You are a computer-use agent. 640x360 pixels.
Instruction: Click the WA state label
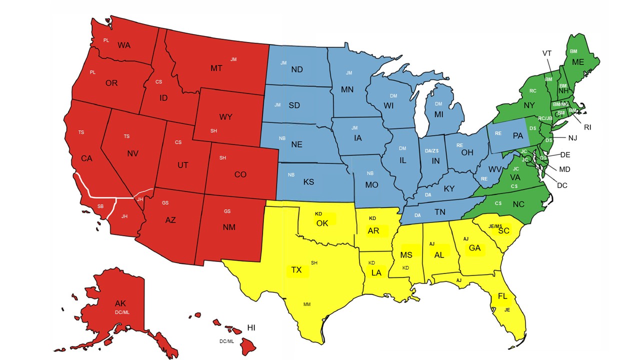point(124,45)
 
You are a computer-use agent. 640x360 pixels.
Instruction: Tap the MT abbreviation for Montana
point(216,68)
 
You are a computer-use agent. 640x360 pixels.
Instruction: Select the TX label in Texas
point(296,270)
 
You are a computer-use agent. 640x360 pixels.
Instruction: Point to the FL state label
point(502,296)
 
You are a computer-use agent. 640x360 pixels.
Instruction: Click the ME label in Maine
point(578,62)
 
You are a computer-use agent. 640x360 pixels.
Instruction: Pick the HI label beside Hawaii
point(251,327)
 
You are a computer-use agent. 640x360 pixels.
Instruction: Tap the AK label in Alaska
point(120,303)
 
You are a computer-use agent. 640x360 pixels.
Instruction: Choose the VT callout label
point(547,53)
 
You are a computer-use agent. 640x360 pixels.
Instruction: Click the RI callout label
point(587,127)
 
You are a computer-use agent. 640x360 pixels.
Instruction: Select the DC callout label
point(562,185)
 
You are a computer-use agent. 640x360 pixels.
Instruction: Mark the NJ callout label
point(573,137)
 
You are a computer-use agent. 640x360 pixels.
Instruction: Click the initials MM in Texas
point(306,304)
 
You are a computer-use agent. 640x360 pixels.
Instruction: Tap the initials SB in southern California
point(100,206)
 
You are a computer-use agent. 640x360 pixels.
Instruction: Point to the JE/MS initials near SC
point(494,226)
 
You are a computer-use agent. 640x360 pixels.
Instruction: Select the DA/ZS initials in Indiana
point(431,150)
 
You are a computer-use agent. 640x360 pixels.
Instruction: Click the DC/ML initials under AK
point(121,312)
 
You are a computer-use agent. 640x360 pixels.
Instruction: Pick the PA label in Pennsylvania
point(517,135)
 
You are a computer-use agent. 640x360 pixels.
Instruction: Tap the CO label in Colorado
point(240,174)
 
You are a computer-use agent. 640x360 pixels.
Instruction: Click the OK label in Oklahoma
point(322,223)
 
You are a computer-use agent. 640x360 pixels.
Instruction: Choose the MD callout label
point(565,169)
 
